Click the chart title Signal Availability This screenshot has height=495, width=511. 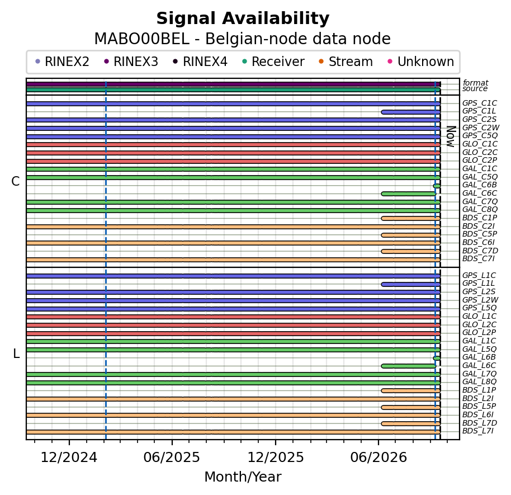point(243,18)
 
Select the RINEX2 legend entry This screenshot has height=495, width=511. point(62,62)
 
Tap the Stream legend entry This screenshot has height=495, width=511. point(346,62)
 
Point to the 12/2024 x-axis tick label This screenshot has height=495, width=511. point(69,458)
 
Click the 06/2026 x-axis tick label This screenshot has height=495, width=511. point(378,458)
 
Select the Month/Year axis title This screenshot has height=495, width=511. point(243,477)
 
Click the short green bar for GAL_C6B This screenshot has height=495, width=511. point(437,186)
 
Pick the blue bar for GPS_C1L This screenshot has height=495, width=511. point(411,112)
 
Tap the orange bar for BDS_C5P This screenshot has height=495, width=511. point(411,235)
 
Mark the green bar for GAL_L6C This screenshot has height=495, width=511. point(409,366)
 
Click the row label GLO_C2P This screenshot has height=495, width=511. point(480,160)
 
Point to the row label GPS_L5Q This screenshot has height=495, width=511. point(479,308)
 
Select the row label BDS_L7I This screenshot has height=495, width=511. point(478,431)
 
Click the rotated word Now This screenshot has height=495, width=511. point(451,136)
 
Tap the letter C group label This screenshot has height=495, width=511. point(16,181)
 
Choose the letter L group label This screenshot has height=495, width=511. point(16,353)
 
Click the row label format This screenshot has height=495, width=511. point(475,83)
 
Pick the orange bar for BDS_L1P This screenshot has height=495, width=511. point(411,390)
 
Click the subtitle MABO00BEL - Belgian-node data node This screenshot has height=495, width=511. point(243,39)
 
